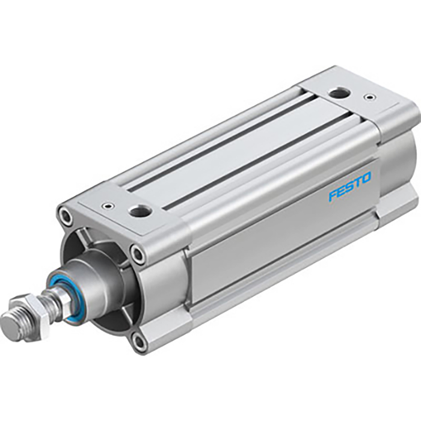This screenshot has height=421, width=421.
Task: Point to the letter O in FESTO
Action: (x=366, y=179)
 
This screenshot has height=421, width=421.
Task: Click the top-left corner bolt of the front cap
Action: (x=65, y=214)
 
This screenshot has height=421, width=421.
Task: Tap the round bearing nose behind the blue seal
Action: (x=90, y=283)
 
